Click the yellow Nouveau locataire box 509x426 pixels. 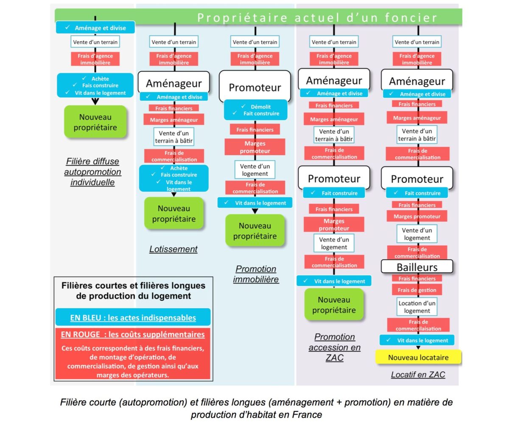(418, 357)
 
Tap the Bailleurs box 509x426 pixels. (417, 267)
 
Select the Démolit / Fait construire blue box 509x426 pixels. (255, 110)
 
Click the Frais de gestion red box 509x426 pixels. (417, 290)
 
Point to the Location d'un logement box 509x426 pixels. (417, 307)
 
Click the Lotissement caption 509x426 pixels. (173, 249)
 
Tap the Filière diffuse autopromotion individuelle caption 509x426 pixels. (92, 172)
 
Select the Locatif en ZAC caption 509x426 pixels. (418, 374)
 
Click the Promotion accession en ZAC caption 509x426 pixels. (334, 347)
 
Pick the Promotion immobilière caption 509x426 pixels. (256, 274)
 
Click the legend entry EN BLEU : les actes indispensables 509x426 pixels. (133, 317)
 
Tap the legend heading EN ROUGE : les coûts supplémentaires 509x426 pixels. (133, 334)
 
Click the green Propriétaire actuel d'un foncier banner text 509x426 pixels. (317, 17)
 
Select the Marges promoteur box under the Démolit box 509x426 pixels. (255, 147)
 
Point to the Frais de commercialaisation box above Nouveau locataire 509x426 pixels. (418, 325)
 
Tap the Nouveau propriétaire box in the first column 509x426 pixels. (95, 122)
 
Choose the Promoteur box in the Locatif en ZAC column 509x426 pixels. (417, 179)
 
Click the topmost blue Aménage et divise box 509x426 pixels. (95, 28)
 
